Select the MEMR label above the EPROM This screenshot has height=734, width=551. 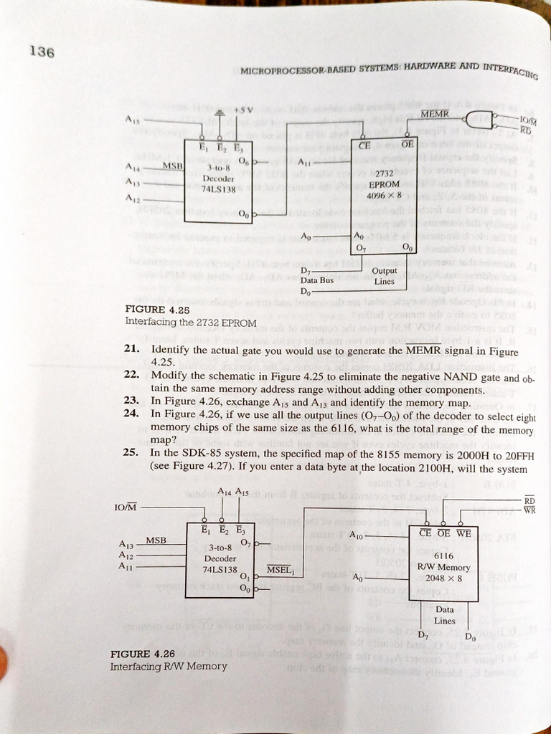pos(434,114)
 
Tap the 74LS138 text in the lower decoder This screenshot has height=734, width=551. pos(220,569)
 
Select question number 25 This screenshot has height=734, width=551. pos(131,453)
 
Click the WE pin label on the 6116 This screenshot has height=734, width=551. pos(463,533)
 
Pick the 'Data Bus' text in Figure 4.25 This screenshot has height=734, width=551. pos(316,280)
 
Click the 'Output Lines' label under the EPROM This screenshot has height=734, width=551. pos(385,276)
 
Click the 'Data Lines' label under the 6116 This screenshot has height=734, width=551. pos(444,615)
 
